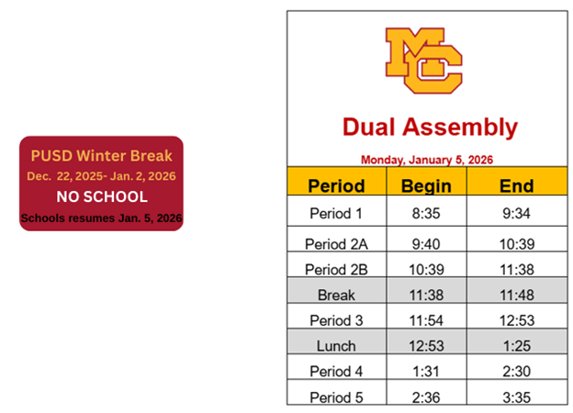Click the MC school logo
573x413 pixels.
coord(424,61)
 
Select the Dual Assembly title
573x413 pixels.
coord(430,127)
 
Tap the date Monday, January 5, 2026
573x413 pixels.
coord(427,159)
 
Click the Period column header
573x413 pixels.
coord(336,185)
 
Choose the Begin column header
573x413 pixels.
coord(426,185)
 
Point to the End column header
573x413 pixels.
coord(516,185)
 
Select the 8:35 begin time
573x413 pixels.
coord(426,214)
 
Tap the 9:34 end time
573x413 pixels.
coord(516,214)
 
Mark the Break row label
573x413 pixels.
coord(336,295)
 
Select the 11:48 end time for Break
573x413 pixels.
coord(516,295)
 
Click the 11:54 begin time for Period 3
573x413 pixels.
coord(426,320)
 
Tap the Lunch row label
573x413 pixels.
coord(336,346)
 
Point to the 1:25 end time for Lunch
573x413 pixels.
coord(516,346)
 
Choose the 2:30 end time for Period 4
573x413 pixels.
coord(516,372)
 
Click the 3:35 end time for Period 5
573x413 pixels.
coord(516,397)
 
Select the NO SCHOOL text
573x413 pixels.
coord(102,196)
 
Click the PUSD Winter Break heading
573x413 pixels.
coord(102,156)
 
